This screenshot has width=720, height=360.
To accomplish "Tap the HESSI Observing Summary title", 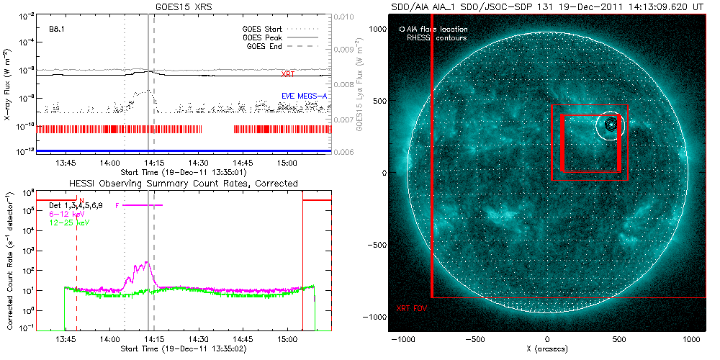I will (x=183, y=184).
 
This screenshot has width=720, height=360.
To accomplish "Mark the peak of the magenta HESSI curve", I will (x=146, y=263).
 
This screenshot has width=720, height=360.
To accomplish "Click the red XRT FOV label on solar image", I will (x=411, y=308).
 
